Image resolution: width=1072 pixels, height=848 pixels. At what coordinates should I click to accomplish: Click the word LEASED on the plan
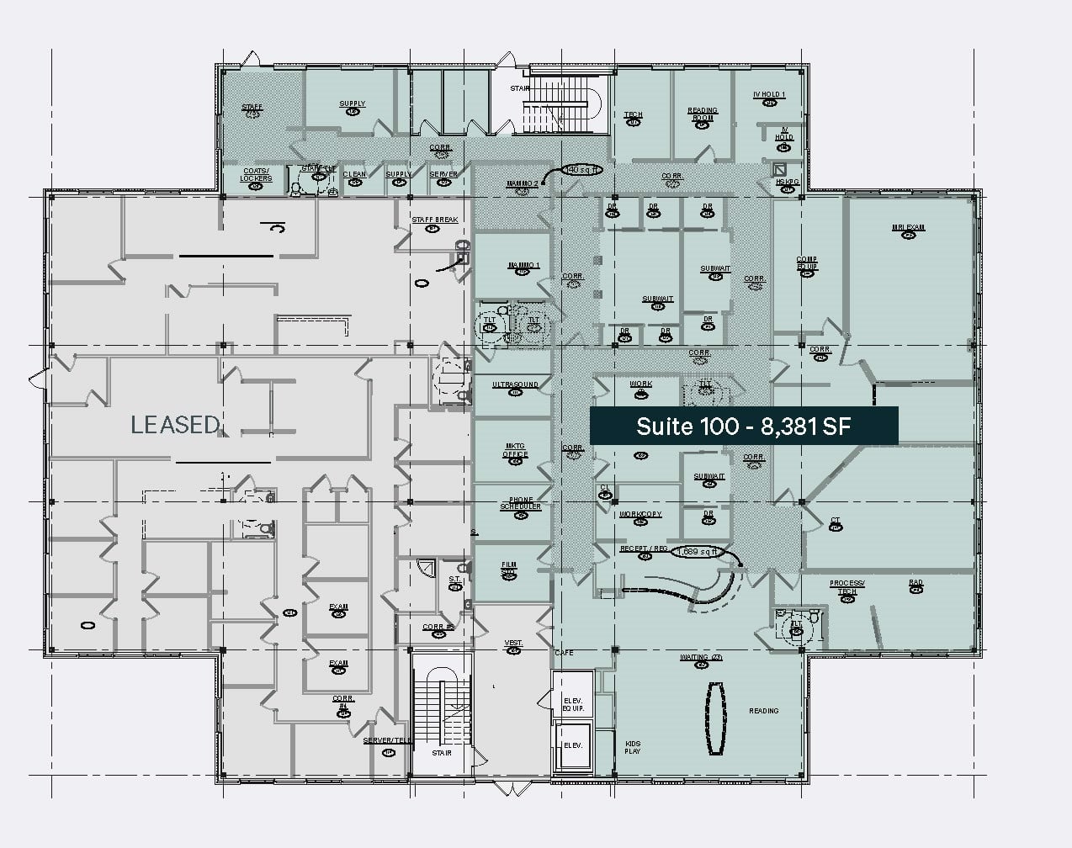(x=175, y=425)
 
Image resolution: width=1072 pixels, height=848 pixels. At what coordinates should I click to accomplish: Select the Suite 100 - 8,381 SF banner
(x=743, y=426)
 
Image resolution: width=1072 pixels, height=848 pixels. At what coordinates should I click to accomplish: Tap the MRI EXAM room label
(x=908, y=228)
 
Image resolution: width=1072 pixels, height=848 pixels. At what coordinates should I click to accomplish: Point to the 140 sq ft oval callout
(x=582, y=169)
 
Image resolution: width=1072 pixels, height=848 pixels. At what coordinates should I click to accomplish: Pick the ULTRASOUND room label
(x=515, y=385)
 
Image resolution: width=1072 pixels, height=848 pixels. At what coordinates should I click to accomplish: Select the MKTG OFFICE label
(x=515, y=451)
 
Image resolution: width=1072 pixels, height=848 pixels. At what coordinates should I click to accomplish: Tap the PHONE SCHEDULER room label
(x=520, y=503)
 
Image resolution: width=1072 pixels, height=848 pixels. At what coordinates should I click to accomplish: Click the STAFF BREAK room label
(x=434, y=220)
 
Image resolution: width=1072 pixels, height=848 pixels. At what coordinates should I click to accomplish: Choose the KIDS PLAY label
(x=632, y=747)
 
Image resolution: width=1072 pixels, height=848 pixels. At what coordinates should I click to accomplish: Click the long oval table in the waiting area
(x=715, y=717)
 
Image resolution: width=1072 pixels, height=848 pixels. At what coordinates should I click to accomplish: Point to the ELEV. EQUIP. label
(x=573, y=703)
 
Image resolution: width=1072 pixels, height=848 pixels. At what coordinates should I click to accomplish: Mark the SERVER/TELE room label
(x=388, y=741)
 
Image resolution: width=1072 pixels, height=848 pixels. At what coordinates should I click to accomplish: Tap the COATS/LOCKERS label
(x=256, y=175)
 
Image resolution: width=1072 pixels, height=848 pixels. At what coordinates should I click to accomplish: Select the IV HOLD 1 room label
(x=768, y=95)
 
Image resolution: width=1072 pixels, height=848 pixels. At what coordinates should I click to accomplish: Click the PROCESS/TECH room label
(x=846, y=587)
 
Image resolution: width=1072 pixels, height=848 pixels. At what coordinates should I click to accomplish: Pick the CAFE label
(x=564, y=653)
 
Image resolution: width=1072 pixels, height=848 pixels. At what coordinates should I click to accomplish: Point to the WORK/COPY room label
(x=640, y=514)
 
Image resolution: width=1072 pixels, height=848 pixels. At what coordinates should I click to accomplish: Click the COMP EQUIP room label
(x=807, y=263)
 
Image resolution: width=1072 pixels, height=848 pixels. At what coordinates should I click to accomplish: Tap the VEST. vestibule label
(x=513, y=644)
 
